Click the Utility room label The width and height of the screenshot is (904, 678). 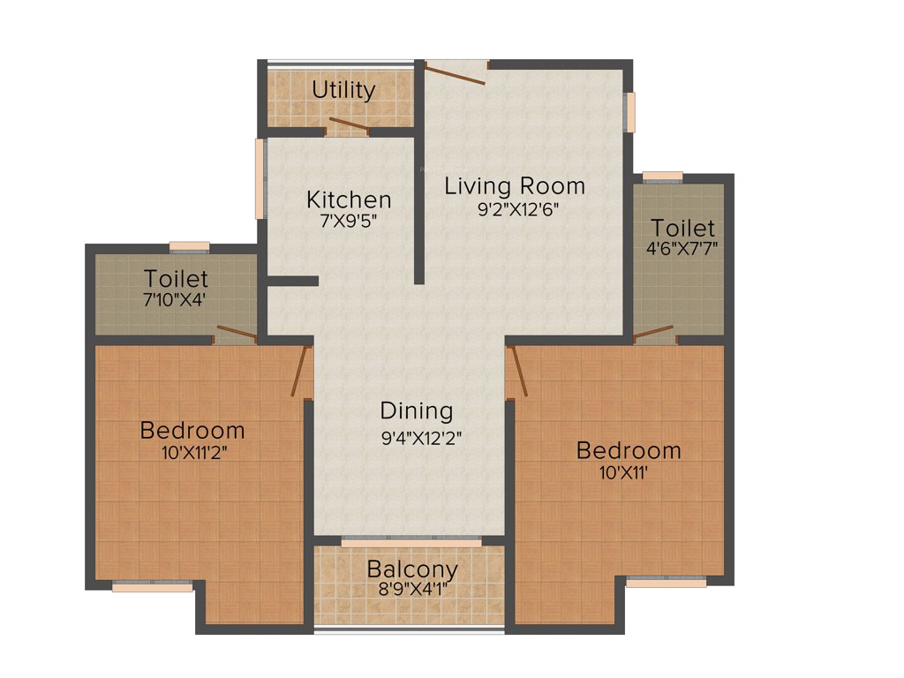click(x=343, y=89)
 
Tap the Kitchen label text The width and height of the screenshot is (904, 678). click(x=349, y=199)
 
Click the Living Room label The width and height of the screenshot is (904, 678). click(x=515, y=186)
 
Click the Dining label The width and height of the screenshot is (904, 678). click(x=417, y=411)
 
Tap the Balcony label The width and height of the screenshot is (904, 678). click(x=412, y=569)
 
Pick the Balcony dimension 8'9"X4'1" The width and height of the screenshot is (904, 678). click(x=412, y=589)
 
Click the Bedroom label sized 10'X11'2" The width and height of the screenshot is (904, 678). click(x=192, y=431)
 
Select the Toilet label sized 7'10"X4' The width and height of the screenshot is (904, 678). click(x=177, y=279)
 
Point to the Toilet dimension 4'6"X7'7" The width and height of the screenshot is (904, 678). click(x=681, y=248)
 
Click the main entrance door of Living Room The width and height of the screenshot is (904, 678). click(x=455, y=72)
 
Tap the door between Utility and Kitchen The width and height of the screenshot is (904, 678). click(x=348, y=126)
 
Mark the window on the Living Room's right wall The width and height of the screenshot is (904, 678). click(x=629, y=112)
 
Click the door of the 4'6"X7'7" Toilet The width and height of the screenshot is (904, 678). click(x=654, y=333)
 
